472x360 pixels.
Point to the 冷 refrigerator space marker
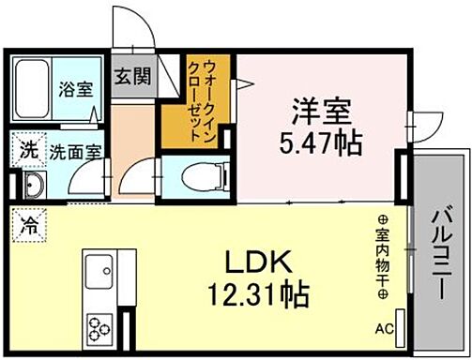coord(29,226)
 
